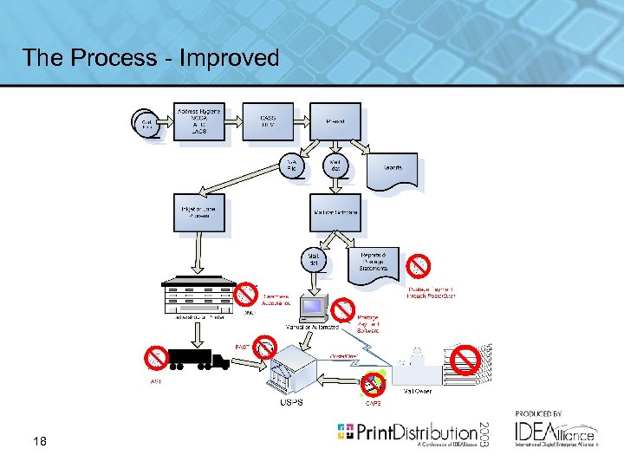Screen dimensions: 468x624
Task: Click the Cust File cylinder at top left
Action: click(146, 124)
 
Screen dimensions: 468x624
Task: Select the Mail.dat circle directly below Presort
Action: click(335, 166)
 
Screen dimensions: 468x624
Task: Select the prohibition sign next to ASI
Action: click(157, 356)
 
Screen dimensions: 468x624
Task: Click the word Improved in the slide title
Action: click(232, 58)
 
